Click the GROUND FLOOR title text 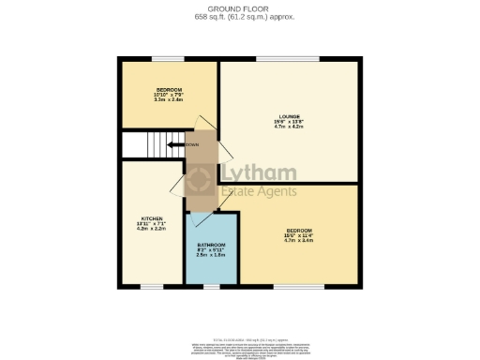[239, 8]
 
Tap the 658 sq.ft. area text [239, 17]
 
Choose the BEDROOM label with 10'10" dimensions [169, 89]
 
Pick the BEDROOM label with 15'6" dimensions [298, 230]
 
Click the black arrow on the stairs [174, 144]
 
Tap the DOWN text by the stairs [191, 144]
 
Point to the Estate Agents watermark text [259, 192]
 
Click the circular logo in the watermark [201, 181]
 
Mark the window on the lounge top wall [288, 60]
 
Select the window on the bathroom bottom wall [211, 286]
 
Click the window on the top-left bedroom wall [169, 60]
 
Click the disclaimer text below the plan [239, 349]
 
